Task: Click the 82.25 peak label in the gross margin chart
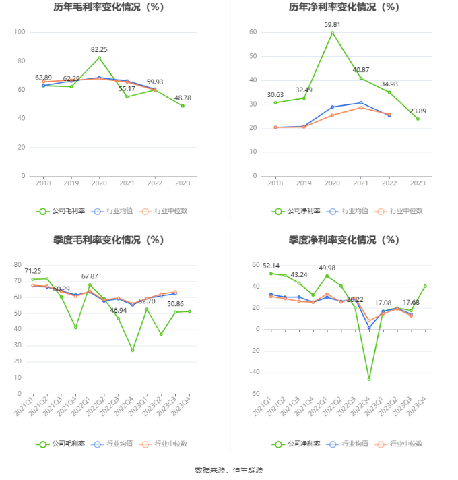(x=99, y=49)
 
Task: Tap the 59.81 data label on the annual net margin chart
(x=332, y=25)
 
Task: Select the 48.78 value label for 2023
(x=183, y=98)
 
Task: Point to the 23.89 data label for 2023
(x=418, y=111)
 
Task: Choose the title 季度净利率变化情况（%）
(x=344, y=239)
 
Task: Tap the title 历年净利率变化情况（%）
(x=344, y=7)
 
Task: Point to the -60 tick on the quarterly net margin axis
(x=255, y=394)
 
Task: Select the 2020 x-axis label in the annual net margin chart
(x=332, y=183)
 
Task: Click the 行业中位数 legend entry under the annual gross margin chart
(x=164, y=211)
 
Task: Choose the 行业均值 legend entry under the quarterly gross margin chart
(x=114, y=444)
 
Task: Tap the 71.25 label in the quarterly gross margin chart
(x=33, y=271)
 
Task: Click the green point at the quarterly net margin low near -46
(x=369, y=379)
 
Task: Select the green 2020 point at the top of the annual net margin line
(x=332, y=32)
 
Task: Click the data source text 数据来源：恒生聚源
(x=228, y=469)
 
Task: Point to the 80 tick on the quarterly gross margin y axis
(x=20, y=265)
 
